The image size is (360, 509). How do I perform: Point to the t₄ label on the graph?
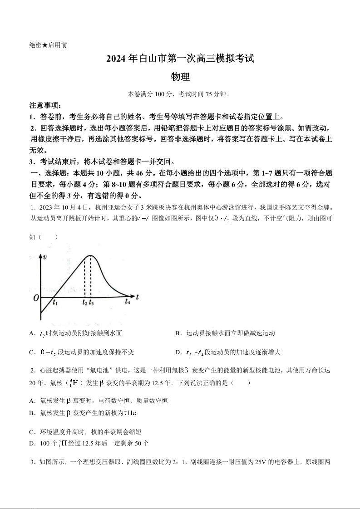coord(128,301)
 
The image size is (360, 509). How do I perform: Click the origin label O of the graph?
coord(35,298)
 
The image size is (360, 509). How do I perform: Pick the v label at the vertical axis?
coord(45,257)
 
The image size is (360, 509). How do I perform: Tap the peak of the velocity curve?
coord(90,256)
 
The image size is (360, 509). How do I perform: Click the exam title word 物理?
coord(180,77)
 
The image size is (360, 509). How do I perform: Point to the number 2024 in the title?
coord(117,59)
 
